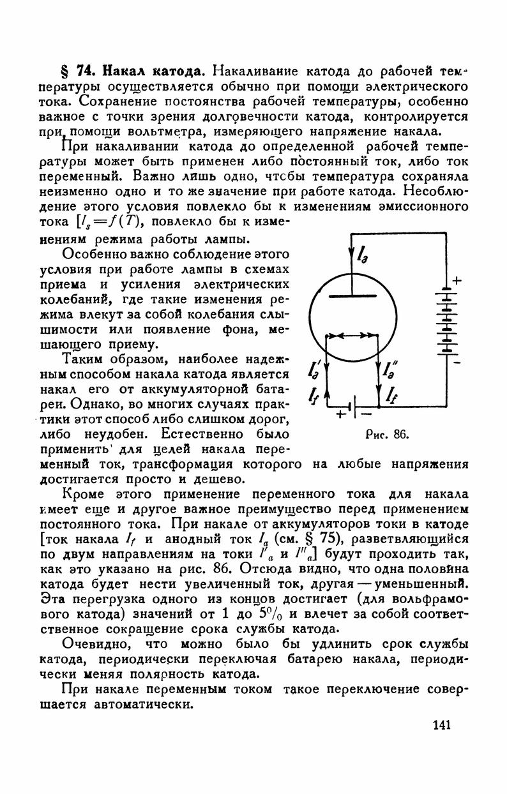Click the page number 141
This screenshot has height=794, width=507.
[x=441, y=724]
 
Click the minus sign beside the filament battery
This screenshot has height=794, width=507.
[x=366, y=415]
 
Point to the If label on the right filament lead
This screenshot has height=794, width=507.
[x=392, y=397]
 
